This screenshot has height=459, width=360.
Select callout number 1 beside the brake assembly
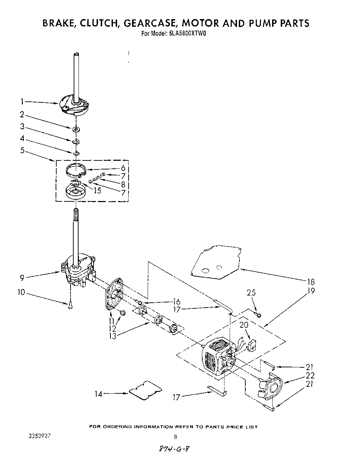click(22, 102)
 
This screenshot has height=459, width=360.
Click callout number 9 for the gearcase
click(22, 277)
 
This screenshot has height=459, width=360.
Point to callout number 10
click(21, 292)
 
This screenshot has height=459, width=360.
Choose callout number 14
click(99, 394)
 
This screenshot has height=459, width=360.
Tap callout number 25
click(251, 293)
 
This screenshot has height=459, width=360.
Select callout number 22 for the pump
click(310, 375)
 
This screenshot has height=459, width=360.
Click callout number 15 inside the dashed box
click(98, 190)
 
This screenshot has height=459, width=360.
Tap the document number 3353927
click(40, 436)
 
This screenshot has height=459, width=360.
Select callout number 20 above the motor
click(244, 325)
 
